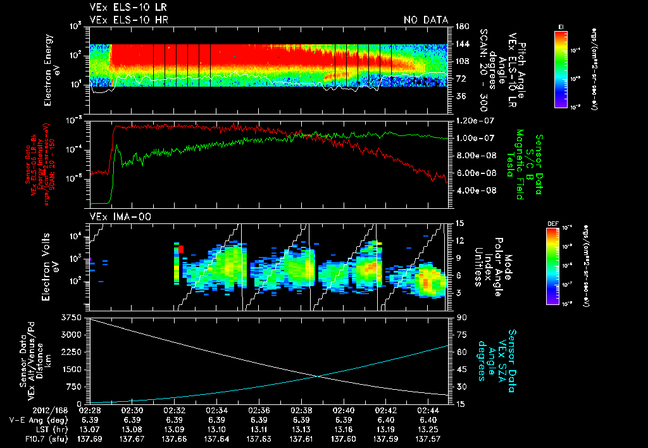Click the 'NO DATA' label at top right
pyautogui.click(x=425, y=20)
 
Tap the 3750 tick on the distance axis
pyautogui.click(x=74, y=317)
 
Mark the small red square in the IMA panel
pyautogui.click(x=181, y=249)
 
